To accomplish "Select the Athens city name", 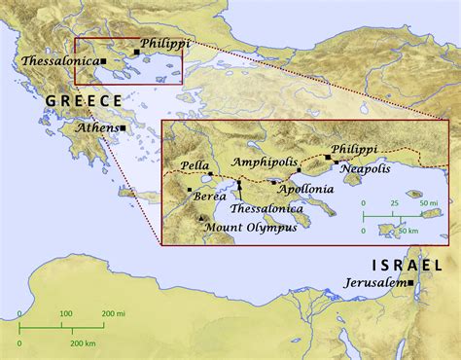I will (95, 127).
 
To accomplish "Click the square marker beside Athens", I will (124, 128).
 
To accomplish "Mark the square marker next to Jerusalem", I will (411, 283).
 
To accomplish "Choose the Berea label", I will (211, 196).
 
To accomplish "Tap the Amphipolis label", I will (265, 162).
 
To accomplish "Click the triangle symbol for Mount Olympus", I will (201, 219).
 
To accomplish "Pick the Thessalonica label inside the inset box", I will (266, 208).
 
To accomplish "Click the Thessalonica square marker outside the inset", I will (103, 61).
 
